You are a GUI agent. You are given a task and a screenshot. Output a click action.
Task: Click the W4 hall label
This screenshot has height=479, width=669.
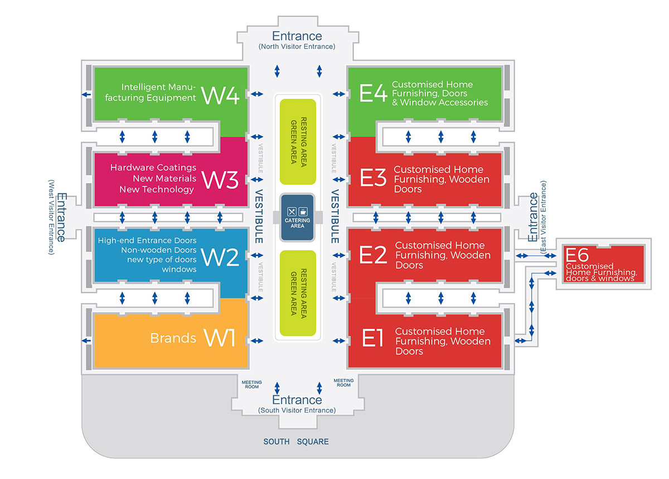(x=220, y=95)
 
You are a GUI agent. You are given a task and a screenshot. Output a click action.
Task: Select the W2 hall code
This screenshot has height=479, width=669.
(x=220, y=257)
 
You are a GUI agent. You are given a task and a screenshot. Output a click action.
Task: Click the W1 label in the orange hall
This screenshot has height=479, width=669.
(x=220, y=338)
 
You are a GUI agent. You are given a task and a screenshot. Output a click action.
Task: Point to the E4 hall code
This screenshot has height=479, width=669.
(x=374, y=93)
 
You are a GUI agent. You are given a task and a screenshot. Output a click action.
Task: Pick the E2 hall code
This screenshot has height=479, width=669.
(x=374, y=254)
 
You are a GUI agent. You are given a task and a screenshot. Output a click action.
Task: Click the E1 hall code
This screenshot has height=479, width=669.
(x=374, y=338)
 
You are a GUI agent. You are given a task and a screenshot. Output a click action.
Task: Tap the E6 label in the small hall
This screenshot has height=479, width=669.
(x=577, y=255)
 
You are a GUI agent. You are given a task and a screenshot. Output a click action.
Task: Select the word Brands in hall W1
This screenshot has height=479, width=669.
(x=173, y=338)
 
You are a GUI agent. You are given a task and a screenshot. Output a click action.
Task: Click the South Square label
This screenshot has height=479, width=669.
(x=296, y=442)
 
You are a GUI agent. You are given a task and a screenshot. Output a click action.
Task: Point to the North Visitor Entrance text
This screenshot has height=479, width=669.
(x=297, y=47)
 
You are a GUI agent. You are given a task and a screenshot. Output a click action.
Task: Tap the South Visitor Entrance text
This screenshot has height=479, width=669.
(x=297, y=410)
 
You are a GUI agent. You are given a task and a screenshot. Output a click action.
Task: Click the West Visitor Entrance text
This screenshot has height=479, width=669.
(x=51, y=217)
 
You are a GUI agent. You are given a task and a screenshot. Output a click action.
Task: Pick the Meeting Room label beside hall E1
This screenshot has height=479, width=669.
(x=343, y=383)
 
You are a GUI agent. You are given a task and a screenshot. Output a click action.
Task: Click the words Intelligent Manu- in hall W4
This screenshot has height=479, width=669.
(x=158, y=87)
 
